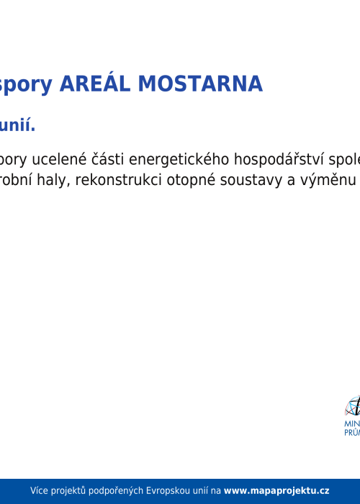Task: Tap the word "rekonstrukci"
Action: click(118, 179)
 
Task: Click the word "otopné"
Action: click(190, 179)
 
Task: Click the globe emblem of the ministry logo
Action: click(353, 407)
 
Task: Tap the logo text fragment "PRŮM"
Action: click(352, 434)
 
